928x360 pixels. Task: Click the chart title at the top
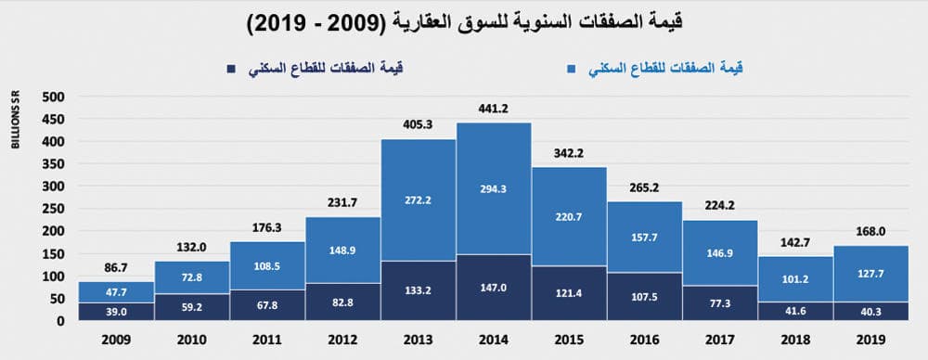tap(463, 24)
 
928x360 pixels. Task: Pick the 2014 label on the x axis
tap(493, 341)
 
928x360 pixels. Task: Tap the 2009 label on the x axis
tap(116, 341)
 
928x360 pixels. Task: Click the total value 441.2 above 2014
tap(493, 109)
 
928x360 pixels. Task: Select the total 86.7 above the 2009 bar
tap(116, 268)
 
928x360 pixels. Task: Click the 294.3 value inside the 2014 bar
tap(493, 197)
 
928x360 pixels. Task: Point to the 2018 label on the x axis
tap(795, 341)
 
